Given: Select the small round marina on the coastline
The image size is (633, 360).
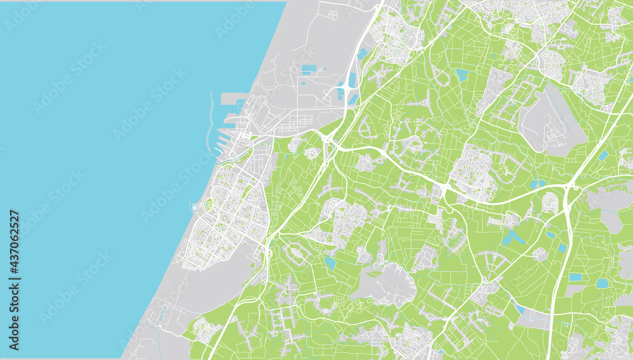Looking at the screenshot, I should pyautogui.click(x=193, y=208).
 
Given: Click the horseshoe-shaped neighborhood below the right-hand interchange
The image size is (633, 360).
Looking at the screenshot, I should pyautogui.click(x=549, y=202).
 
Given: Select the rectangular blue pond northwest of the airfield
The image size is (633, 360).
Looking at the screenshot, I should pyautogui.click(x=463, y=75).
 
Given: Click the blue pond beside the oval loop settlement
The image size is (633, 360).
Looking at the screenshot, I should pyautogui.click(x=330, y=262).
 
